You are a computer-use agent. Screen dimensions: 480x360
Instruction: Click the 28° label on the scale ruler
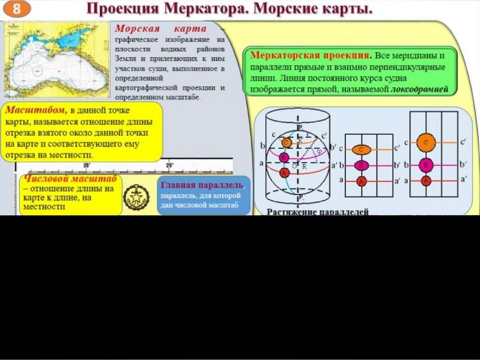tap(86, 165)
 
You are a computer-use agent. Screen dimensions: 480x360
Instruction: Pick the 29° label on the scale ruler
tap(170, 165)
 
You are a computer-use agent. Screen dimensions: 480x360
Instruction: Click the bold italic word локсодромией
tap(420, 88)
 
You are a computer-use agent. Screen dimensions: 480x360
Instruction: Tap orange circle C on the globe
tap(284, 142)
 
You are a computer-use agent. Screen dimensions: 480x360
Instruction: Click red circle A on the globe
tap(284, 173)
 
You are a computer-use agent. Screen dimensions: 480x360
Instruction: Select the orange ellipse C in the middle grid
tap(361, 149)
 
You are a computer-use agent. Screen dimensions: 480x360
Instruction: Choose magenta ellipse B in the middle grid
tap(361, 165)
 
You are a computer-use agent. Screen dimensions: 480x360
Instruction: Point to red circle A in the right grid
tap(426, 180)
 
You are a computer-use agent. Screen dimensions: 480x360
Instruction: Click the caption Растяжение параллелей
tap(317, 212)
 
